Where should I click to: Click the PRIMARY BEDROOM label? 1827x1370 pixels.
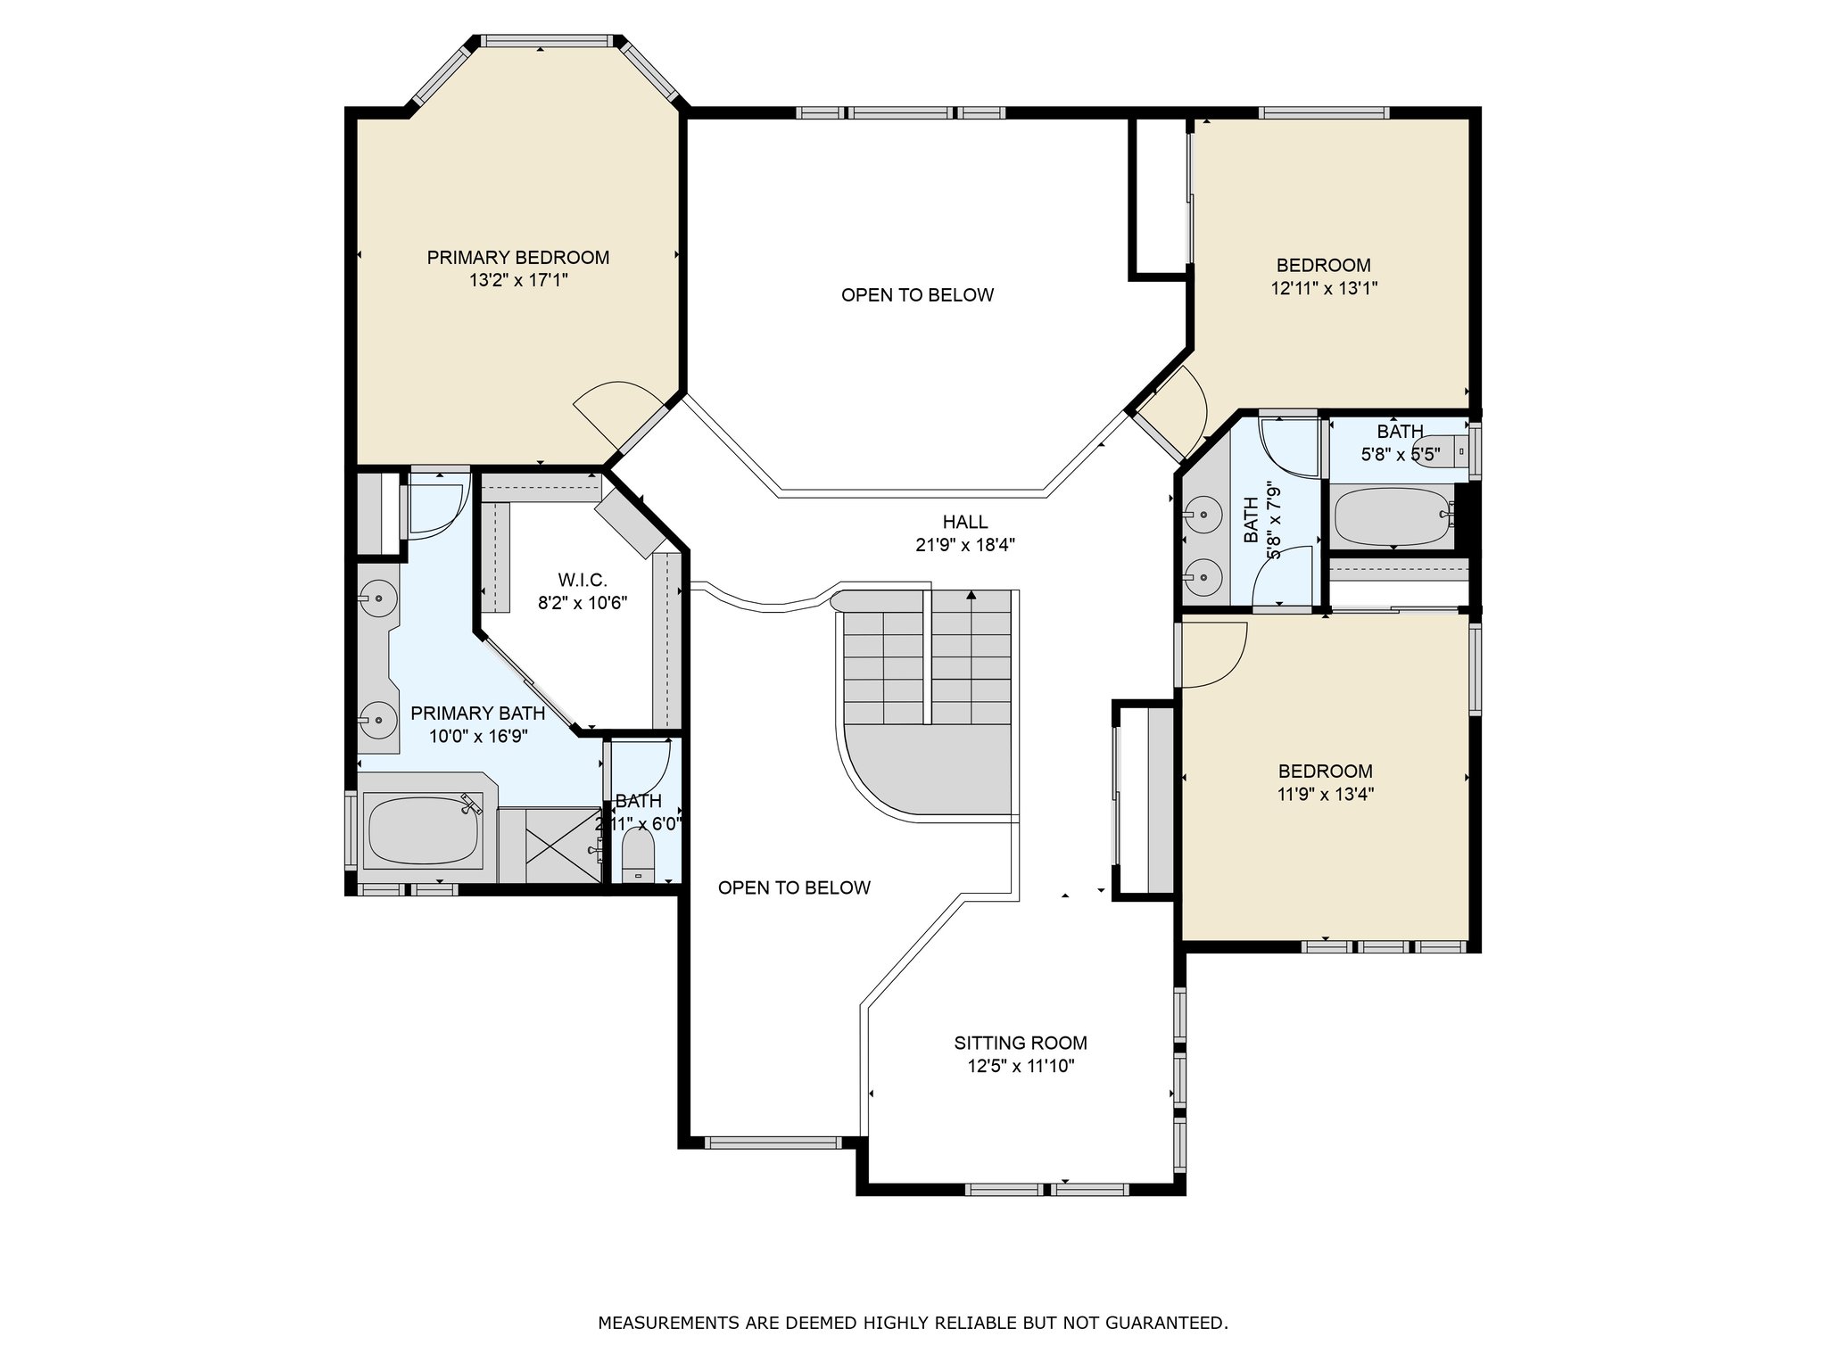pyautogui.click(x=518, y=258)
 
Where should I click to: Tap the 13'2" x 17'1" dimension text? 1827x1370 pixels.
pyautogui.click(x=518, y=281)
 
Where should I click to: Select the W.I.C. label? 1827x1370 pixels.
pyautogui.click(x=583, y=581)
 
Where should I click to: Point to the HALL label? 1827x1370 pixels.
pyautogui.click(x=965, y=522)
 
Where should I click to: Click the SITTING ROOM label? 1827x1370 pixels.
pyautogui.click(x=1021, y=1043)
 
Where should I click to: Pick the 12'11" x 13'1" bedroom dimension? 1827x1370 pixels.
pyautogui.click(x=1323, y=288)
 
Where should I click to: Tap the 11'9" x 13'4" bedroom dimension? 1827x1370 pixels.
pyautogui.click(x=1325, y=794)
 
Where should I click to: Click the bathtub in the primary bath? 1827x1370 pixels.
pyautogui.click(x=425, y=830)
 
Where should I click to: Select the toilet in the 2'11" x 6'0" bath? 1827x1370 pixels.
pyautogui.click(x=638, y=855)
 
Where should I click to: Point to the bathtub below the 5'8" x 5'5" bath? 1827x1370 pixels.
pyautogui.click(x=1393, y=516)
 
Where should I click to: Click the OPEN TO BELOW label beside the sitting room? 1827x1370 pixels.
pyautogui.click(x=794, y=887)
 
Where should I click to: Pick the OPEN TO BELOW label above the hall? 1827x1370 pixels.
pyautogui.click(x=917, y=295)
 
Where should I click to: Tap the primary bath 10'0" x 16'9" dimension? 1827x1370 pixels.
pyautogui.click(x=478, y=737)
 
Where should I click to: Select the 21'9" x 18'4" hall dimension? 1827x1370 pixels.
pyautogui.click(x=965, y=545)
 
